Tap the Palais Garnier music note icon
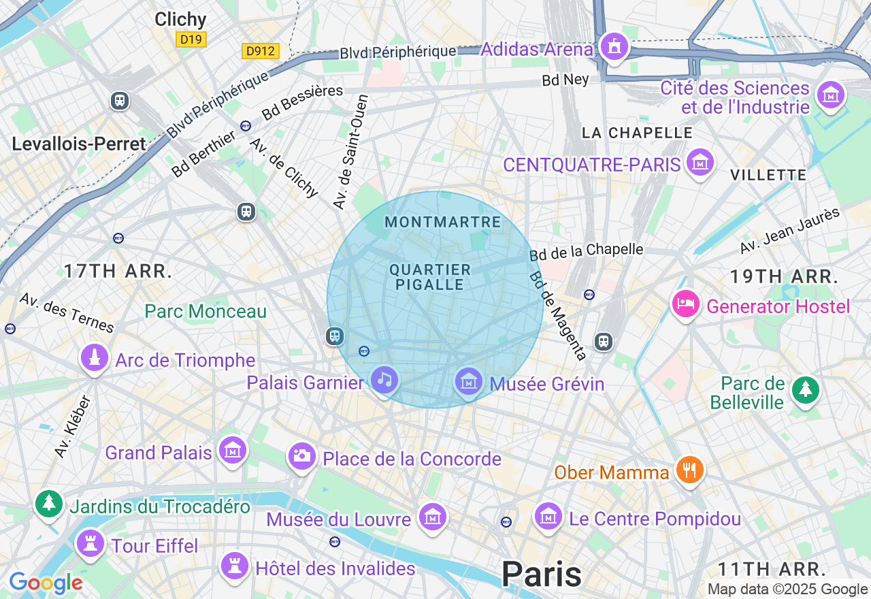coord(384,380)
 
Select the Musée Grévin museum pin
coord(469,381)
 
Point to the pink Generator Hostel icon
coord(686,304)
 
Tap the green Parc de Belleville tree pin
coord(806,389)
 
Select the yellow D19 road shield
coord(191,39)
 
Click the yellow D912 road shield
coord(261,51)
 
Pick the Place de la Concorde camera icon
coord(301,455)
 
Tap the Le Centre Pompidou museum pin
coord(548,517)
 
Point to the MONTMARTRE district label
coord(442,223)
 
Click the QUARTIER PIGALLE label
coord(430,277)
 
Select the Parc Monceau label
coord(206,312)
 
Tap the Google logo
coord(46,583)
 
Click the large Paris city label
coord(541,574)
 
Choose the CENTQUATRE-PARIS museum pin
coord(700,163)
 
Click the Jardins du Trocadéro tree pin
coord(49,504)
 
